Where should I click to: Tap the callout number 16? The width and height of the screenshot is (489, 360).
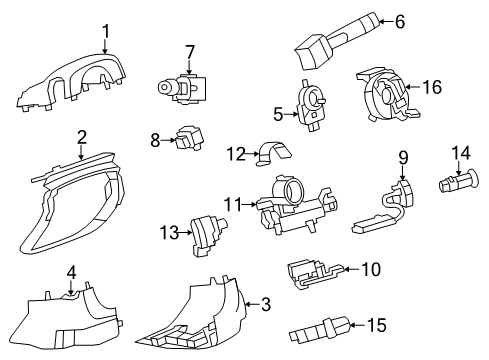(x=432, y=88)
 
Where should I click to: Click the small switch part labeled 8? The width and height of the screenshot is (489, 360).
(x=188, y=143)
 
